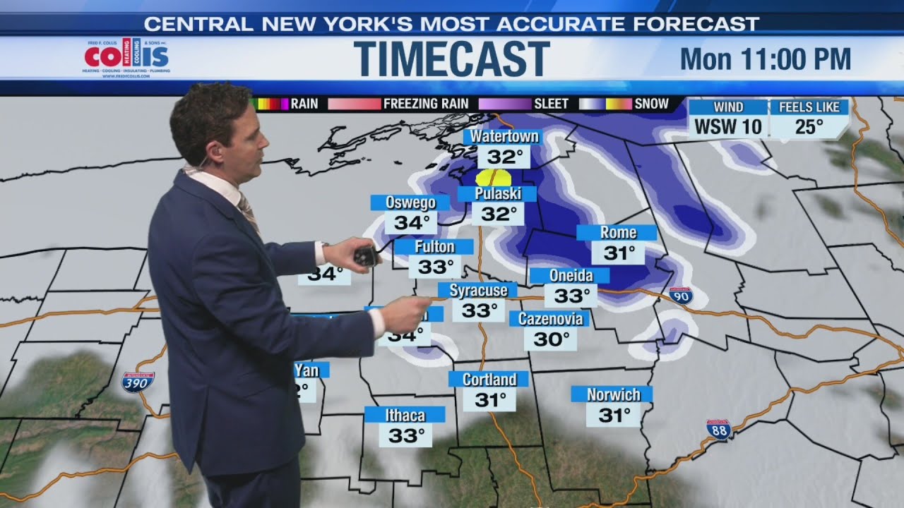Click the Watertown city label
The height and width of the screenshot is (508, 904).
504,136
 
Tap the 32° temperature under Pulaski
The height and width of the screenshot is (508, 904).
499,214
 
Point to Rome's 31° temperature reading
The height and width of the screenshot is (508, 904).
618,253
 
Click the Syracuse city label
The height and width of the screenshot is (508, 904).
478,290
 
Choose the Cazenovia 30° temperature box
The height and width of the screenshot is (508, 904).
551,339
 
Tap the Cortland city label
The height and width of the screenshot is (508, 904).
489,380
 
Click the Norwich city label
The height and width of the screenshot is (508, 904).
612,394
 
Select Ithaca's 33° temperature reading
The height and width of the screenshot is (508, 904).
405,435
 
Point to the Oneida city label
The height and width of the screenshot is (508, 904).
571,275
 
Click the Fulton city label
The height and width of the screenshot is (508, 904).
434,247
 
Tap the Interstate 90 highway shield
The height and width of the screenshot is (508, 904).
681,296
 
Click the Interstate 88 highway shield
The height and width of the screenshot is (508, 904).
718,429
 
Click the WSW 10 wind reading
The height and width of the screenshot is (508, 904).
728,127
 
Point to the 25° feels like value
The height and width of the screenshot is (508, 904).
809,127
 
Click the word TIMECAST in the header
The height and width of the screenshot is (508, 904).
451,59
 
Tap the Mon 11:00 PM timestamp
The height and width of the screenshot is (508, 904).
765,59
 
